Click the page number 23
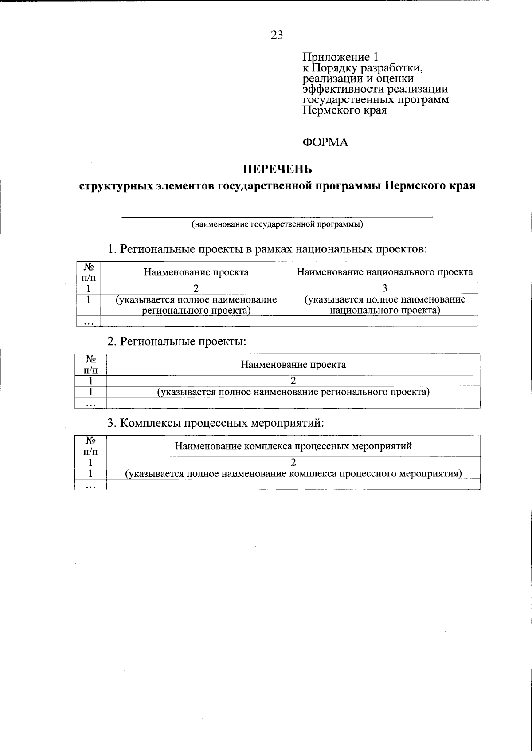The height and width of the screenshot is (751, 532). click(x=277, y=35)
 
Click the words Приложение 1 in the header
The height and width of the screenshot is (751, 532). click(x=340, y=57)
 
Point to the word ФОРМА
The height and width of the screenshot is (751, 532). click(x=325, y=142)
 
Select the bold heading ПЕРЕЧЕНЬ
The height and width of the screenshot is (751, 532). click(x=277, y=169)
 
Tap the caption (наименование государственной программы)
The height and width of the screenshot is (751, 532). click(x=277, y=224)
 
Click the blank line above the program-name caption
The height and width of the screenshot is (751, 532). click(x=277, y=216)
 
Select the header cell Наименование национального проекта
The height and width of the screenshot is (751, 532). click(x=384, y=272)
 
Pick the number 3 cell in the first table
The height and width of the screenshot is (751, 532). click(x=384, y=288)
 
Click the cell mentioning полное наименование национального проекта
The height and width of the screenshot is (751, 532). click(x=384, y=305)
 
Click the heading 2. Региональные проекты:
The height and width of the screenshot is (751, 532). click(x=176, y=342)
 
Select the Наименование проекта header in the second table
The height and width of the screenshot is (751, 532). click(x=293, y=365)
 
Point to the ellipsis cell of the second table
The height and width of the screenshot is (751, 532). click(x=90, y=403)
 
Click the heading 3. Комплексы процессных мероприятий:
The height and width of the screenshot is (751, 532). click(x=216, y=423)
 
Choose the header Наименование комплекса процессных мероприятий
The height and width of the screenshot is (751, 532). click(x=293, y=446)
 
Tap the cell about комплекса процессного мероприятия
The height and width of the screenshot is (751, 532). click(x=293, y=474)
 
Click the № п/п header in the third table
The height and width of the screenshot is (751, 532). click(x=90, y=446)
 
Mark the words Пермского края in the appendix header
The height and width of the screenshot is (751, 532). click(x=344, y=110)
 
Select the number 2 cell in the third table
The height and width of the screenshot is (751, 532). click(x=293, y=462)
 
